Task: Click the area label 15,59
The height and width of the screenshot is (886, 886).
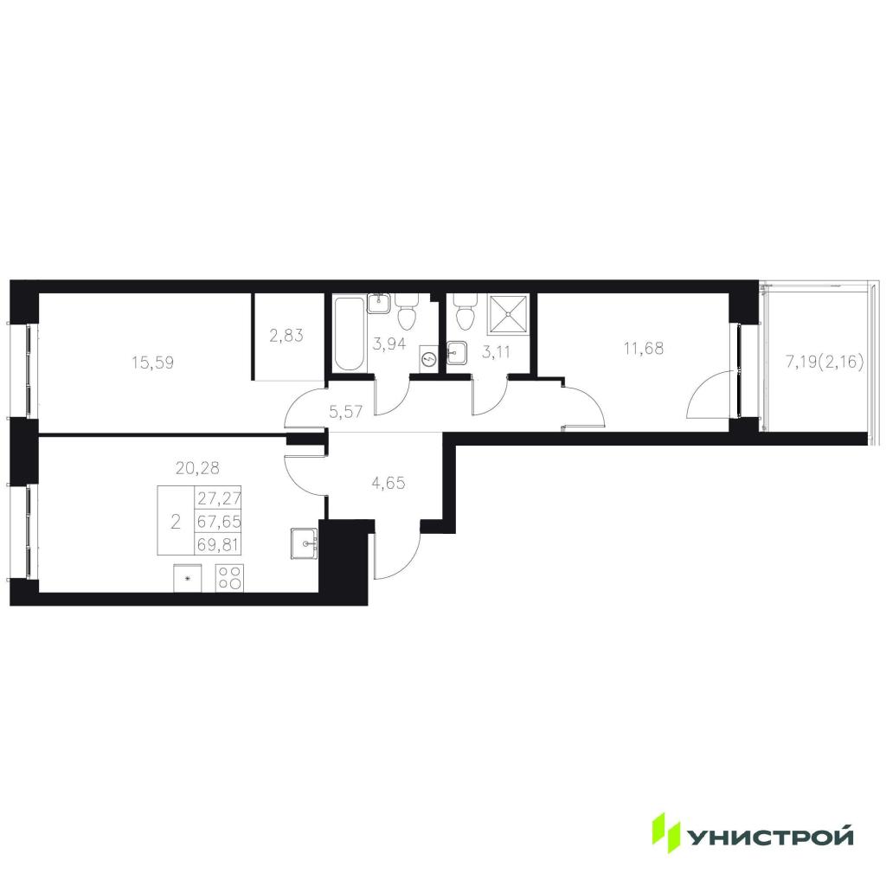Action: click(x=152, y=363)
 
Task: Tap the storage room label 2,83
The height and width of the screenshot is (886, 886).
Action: click(x=286, y=336)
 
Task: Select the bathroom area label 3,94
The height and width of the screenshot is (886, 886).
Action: click(x=389, y=343)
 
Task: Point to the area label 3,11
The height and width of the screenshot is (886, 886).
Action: click(x=496, y=352)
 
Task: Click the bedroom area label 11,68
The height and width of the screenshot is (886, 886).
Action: click(x=644, y=348)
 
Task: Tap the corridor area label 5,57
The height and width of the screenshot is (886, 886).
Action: click(x=346, y=411)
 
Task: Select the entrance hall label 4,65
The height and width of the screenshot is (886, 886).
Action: click(x=388, y=483)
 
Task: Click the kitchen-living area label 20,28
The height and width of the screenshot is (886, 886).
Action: click(x=197, y=468)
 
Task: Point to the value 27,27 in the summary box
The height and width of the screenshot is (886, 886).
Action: click(x=219, y=498)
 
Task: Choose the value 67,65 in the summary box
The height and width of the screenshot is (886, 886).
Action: click(x=219, y=522)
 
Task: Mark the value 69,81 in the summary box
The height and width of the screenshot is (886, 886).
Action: click(x=218, y=545)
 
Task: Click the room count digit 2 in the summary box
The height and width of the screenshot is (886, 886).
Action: click(x=176, y=522)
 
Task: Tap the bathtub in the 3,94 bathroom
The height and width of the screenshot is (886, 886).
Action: click(x=350, y=334)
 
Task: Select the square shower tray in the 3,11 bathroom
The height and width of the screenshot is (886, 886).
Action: click(x=509, y=314)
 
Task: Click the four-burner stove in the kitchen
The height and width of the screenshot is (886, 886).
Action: click(x=229, y=578)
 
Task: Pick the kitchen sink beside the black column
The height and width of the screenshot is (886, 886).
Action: click(x=305, y=543)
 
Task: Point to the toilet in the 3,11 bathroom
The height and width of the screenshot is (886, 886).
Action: click(x=465, y=311)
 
